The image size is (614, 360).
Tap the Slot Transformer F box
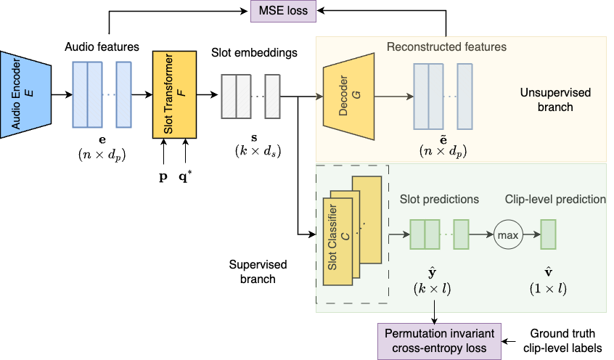pos(174,94)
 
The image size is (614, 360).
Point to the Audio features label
pos(101,47)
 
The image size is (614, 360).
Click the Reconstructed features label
pos(446,47)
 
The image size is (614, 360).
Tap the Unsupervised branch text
pos(555,100)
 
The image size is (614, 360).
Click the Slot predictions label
pos(439,199)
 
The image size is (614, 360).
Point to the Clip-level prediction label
pos(555,199)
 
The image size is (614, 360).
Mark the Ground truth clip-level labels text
pos(562,340)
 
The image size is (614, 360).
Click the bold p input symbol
pos(163,177)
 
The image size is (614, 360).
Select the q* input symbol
pos(188,176)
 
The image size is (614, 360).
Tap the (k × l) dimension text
pos(433,289)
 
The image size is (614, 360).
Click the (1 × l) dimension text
pos(548,289)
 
